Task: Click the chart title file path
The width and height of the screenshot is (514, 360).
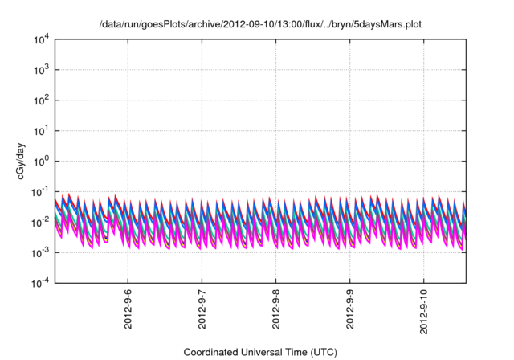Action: click(260, 25)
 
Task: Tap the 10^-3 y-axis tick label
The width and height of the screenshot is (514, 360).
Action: click(41, 252)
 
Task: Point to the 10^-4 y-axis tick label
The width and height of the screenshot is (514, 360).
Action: click(41, 283)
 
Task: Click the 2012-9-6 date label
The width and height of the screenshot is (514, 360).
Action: click(128, 307)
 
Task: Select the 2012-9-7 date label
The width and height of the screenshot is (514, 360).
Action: click(202, 307)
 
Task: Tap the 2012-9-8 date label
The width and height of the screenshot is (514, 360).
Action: click(275, 307)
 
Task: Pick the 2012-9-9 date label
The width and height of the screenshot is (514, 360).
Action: click(349, 307)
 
